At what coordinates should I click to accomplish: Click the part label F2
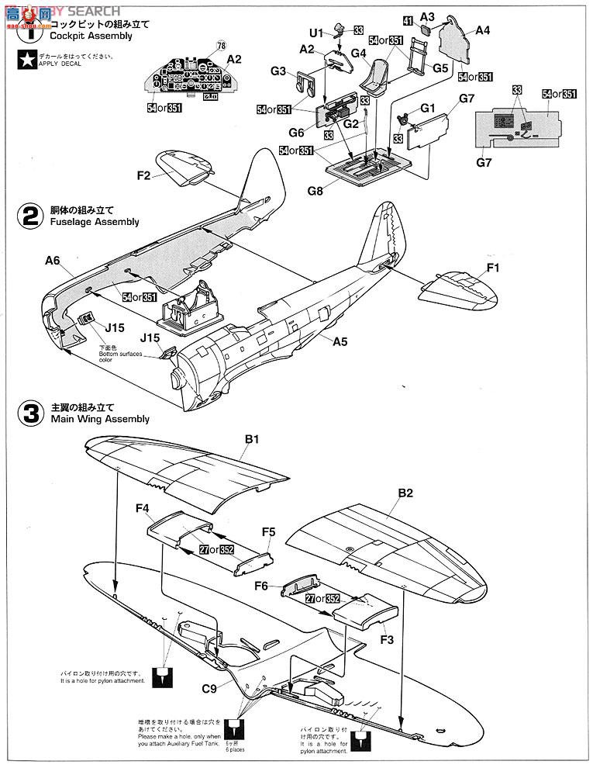click(143, 176)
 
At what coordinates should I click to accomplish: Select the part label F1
click(493, 268)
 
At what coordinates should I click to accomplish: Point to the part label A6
click(52, 261)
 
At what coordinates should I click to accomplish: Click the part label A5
click(340, 341)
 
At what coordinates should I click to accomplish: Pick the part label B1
click(252, 439)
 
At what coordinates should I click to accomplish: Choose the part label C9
click(209, 686)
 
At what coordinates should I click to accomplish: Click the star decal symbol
click(26, 61)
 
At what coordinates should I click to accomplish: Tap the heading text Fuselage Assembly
click(95, 222)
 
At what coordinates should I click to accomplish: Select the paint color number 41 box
click(408, 20)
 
